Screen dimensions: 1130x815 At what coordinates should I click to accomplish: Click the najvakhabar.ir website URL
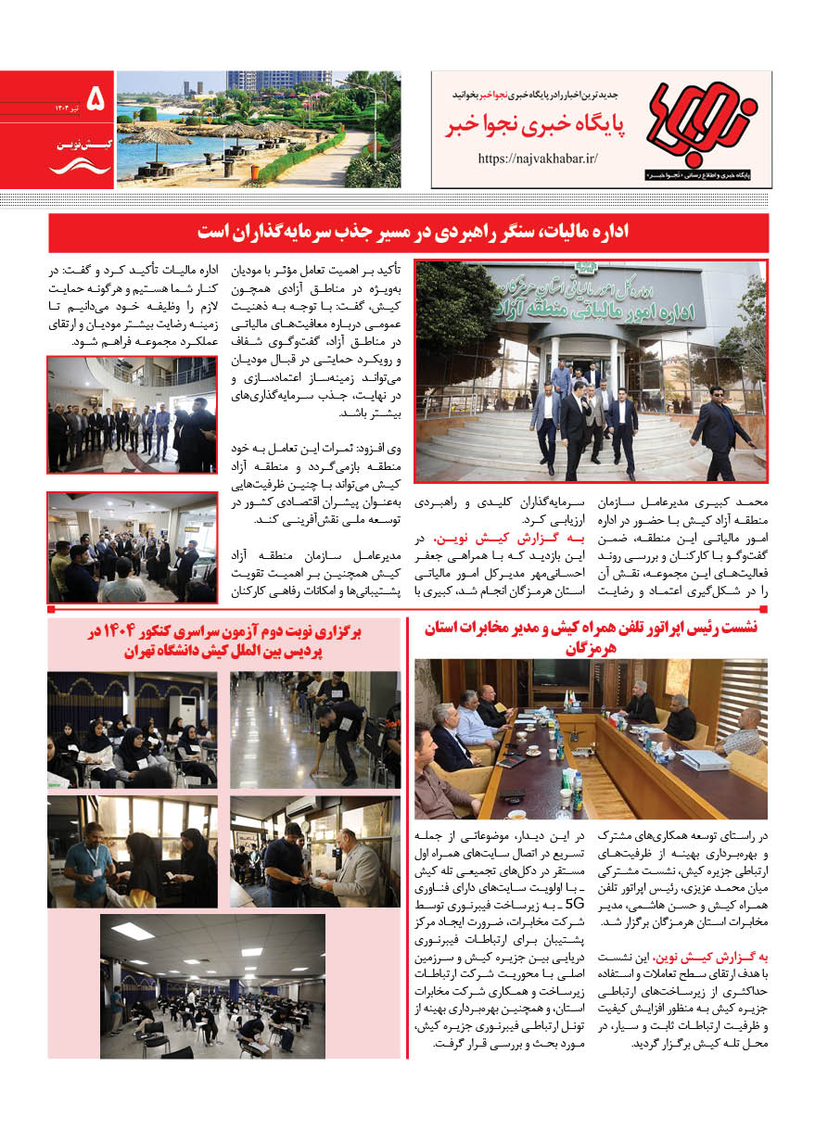click(x=539, y=159)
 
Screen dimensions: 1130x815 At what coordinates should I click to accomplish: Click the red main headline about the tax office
click(x=408, y=233)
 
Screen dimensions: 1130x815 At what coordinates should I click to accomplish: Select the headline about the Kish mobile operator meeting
click(x=591, y=637)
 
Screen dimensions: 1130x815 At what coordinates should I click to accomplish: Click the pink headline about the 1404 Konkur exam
click(x=223, y=641)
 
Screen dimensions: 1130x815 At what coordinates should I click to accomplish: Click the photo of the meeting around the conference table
click(x=591, y=738)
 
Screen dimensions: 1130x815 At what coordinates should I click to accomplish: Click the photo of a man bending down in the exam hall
click(x=315, y=729)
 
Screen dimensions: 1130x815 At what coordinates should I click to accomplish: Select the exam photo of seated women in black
click(x=132, y=730)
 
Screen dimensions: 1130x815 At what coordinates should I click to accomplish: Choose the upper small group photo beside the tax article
click(x=132, y=414)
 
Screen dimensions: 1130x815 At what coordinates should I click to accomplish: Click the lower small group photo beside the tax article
click(x=132, y=547)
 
